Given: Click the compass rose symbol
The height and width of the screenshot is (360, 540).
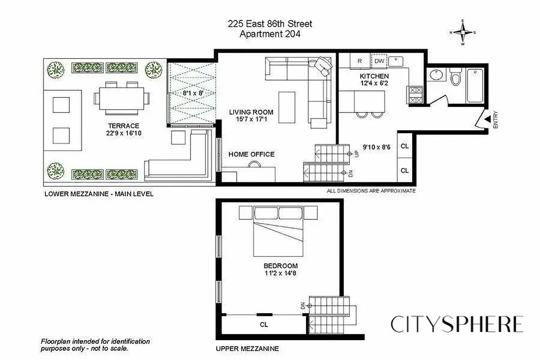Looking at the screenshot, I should click(463, 32).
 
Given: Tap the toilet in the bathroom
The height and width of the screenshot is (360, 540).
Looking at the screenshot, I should click(456, 78).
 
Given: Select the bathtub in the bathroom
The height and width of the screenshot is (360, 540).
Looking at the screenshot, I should click(476, 85).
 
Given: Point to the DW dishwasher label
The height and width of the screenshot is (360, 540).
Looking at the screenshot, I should click(379, 61).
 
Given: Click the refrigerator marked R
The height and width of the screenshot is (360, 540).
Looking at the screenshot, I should click(360, 61).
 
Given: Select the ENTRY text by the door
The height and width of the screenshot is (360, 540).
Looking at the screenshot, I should click(496, 121).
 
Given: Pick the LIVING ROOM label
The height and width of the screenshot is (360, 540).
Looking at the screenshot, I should click(251, 112).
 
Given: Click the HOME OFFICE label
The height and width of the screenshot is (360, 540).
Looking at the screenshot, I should click(251, 154).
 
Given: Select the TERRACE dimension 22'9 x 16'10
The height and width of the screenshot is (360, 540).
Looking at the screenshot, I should click(120, 133).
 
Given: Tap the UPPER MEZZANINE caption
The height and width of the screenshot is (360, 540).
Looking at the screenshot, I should click(247, 348).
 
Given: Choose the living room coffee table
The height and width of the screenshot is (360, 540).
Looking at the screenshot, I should click(287, 107).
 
